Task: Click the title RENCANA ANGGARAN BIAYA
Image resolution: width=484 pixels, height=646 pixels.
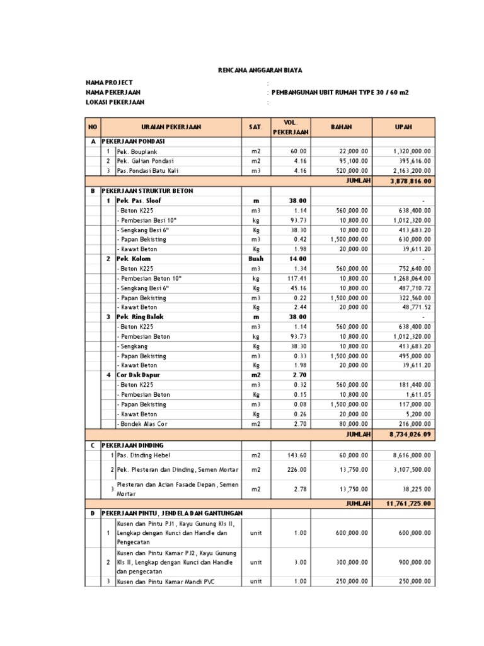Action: click(242, 71)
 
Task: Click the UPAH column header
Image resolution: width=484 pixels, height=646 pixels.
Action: click(403, 127)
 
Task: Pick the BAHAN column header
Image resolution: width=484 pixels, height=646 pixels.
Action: click(342, 127)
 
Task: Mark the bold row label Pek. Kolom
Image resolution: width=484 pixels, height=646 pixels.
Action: click(134, 259)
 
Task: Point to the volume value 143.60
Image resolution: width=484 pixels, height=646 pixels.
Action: click(297, 454)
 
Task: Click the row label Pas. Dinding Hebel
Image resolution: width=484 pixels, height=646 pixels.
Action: click(143, 454)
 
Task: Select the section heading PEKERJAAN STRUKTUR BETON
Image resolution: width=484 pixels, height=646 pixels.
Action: click(147, 191)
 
